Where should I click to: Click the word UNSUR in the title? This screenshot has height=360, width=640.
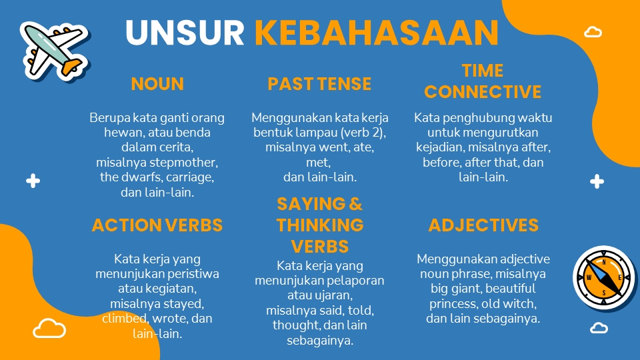[x=185, y=33]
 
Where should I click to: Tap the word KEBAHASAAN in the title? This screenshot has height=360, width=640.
[x=376, y=33]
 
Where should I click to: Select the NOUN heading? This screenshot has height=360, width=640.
[x=157, y=84]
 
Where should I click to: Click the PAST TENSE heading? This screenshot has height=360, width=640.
[x=319, y=84]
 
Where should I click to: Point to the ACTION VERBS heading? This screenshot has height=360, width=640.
[x=157, y=225]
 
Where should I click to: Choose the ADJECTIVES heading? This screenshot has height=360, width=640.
[x=483, y=225]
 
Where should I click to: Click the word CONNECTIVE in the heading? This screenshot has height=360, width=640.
[x=483, y=92]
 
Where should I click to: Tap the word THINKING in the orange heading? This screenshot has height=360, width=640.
[x=320, y=225]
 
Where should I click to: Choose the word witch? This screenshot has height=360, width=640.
[x=520, y=304]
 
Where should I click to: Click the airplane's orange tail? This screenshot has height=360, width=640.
[x=72, y=67]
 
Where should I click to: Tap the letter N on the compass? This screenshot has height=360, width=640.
[x=604, y=263]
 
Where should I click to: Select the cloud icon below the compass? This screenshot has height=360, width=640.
[x=599, y=328]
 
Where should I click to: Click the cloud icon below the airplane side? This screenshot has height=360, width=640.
[x=49, y=329]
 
